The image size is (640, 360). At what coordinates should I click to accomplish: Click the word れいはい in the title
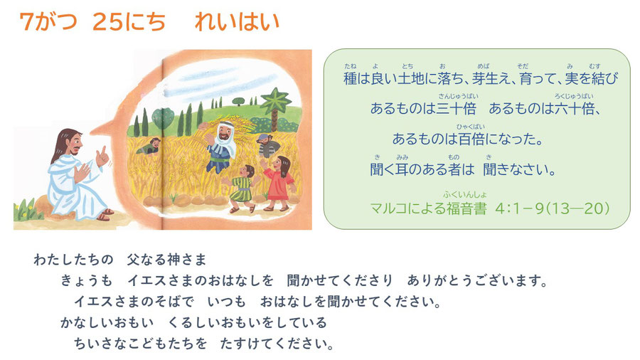point(237,21)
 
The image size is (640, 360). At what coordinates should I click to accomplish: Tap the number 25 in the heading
point(107,22)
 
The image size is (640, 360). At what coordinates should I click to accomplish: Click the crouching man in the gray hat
point(267,146)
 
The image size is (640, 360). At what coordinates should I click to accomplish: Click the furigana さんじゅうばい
point(458,96)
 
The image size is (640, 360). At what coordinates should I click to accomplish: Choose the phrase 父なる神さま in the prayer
point(166,260)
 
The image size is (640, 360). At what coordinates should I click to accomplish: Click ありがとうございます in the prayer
point(477,281)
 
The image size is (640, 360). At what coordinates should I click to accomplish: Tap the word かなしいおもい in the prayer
point(107,323)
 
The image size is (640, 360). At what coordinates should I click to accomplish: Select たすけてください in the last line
point(277,344)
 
